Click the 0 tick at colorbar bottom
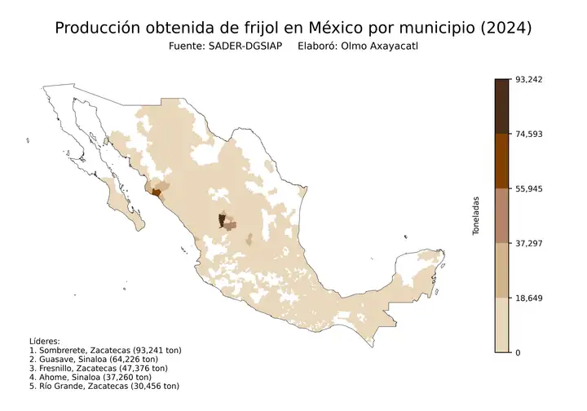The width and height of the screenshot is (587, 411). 519,352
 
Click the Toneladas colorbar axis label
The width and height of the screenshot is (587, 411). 477,215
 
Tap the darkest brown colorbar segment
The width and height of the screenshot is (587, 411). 502,106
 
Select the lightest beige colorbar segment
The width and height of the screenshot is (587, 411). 502,325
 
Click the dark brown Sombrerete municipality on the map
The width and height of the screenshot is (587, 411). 222,220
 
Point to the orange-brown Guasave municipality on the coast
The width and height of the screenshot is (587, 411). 155,193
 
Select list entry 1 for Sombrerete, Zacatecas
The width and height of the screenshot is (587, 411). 104,350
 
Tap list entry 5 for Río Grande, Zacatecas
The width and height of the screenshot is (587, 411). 104,386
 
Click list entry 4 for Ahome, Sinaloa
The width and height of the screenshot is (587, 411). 90,377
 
